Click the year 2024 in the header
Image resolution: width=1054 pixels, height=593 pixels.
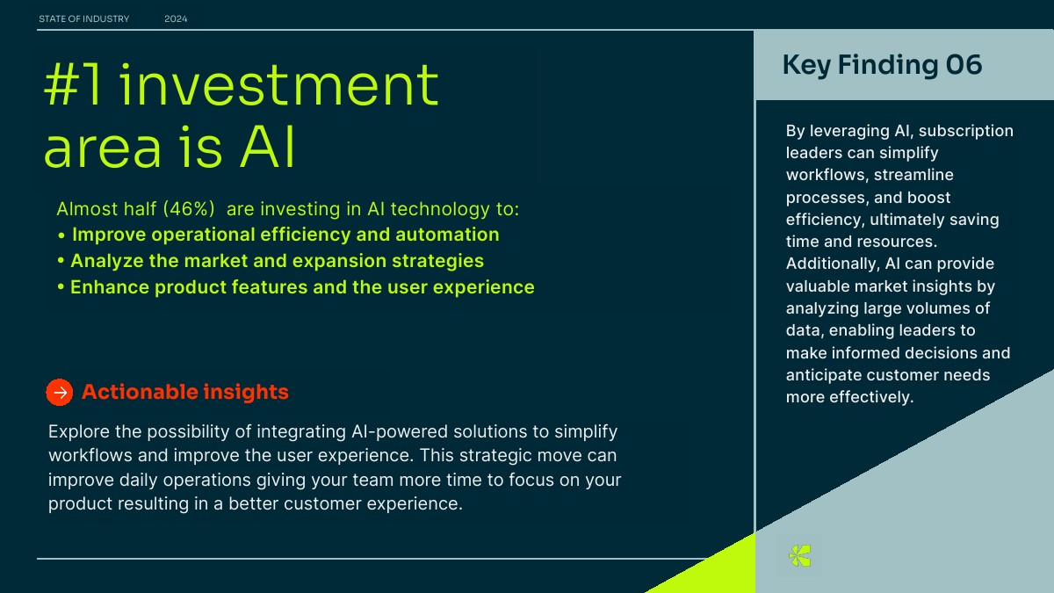(176, 18)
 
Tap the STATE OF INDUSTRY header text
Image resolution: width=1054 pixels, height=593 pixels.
(83, 18)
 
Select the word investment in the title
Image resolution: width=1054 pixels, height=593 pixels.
(279, 83)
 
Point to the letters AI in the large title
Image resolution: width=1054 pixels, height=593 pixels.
(267, 147)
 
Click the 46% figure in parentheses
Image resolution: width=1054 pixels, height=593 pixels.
(189, 209)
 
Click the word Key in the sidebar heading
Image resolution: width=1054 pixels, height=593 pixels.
(806, 65)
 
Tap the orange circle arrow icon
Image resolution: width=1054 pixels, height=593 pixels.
(60, 392)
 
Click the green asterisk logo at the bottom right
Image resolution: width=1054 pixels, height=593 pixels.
(799, 555)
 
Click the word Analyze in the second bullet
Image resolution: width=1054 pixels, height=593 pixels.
(107, 261)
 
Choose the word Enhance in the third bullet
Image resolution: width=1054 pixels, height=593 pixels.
(109, 287)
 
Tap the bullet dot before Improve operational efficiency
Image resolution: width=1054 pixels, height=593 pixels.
(61, 235)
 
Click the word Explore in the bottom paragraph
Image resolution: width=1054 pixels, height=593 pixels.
(78, 432)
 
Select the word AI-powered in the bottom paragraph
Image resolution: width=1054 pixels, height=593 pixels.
(400, 432)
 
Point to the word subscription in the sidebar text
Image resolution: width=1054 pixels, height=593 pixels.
(966, 131)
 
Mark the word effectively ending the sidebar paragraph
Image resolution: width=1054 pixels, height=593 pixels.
(871, 397)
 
